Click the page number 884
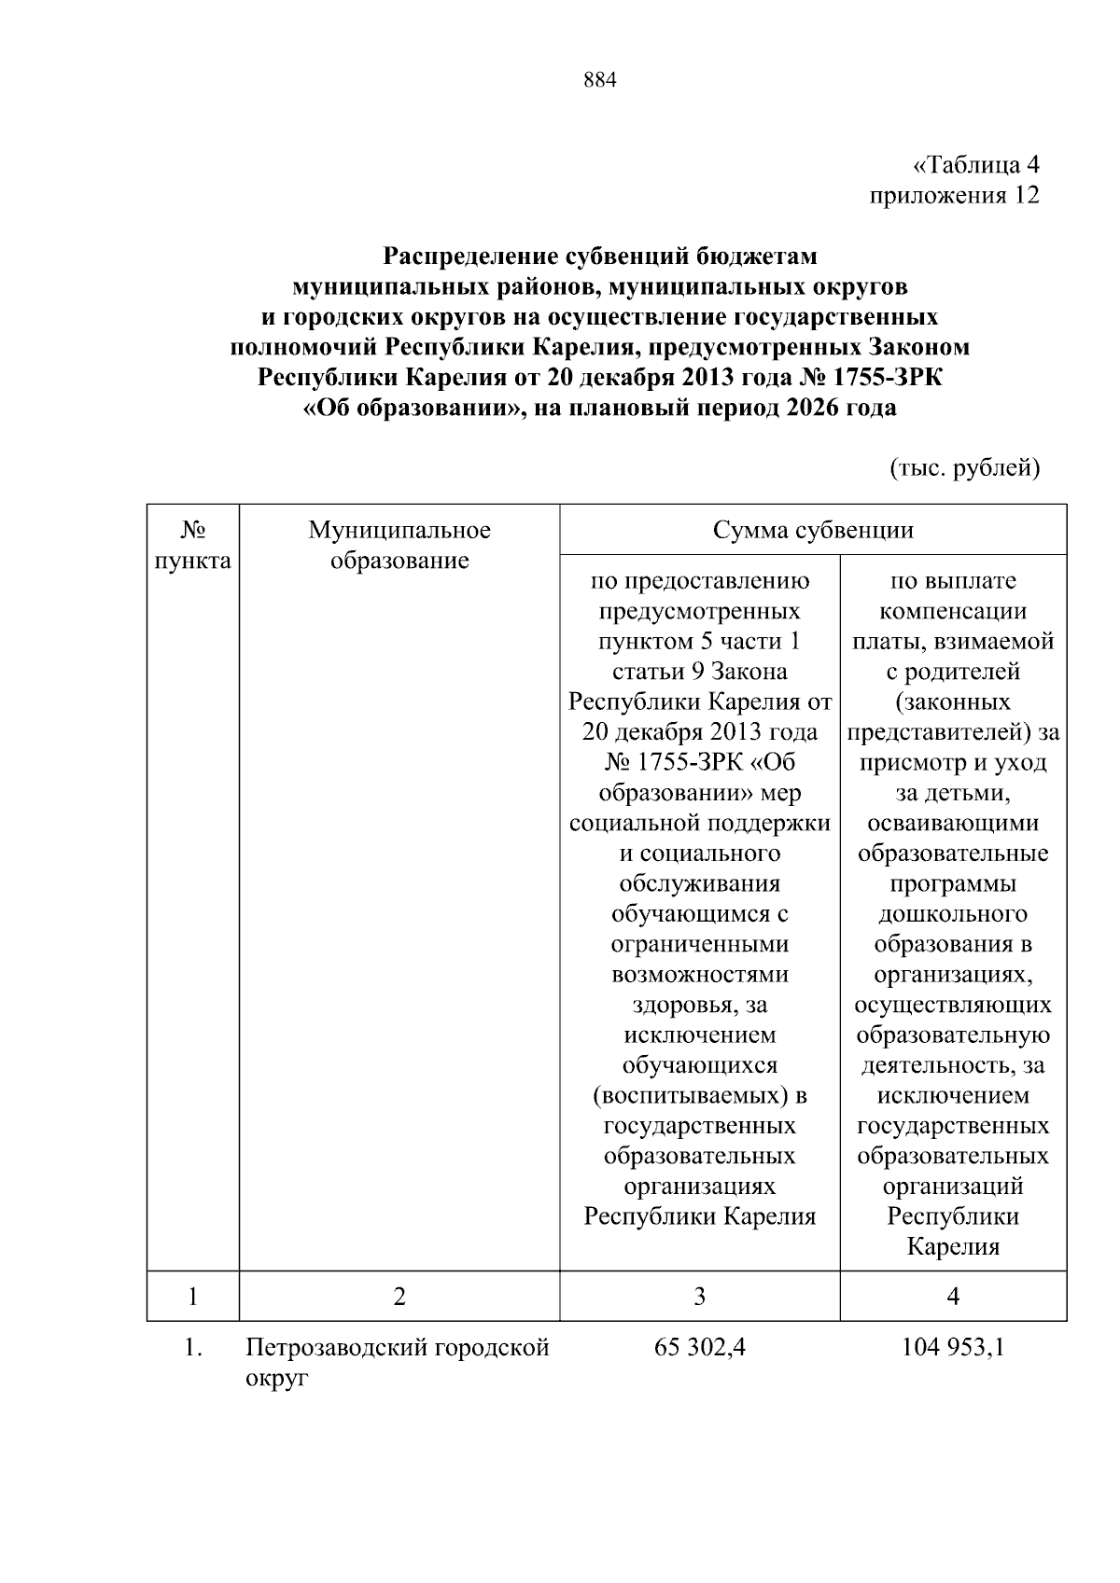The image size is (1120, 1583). (600, 80)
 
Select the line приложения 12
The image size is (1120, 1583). (954, 196)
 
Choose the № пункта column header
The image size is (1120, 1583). (192, 546)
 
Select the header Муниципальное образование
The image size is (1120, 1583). (399, 546)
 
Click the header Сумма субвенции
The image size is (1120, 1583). (813, 531)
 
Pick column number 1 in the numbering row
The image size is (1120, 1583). (192, 1297)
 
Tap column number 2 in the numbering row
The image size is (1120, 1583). (399, 1297)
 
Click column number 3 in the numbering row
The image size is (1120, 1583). (700, 1297)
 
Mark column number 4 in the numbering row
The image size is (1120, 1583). (953, 1297)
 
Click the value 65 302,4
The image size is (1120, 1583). (700, 1348)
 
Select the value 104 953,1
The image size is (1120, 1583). (953, 1348)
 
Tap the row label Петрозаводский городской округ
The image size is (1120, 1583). (397, 1362)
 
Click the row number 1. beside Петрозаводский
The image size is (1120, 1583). (192, 1348)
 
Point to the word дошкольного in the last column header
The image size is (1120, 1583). (953, 914)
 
